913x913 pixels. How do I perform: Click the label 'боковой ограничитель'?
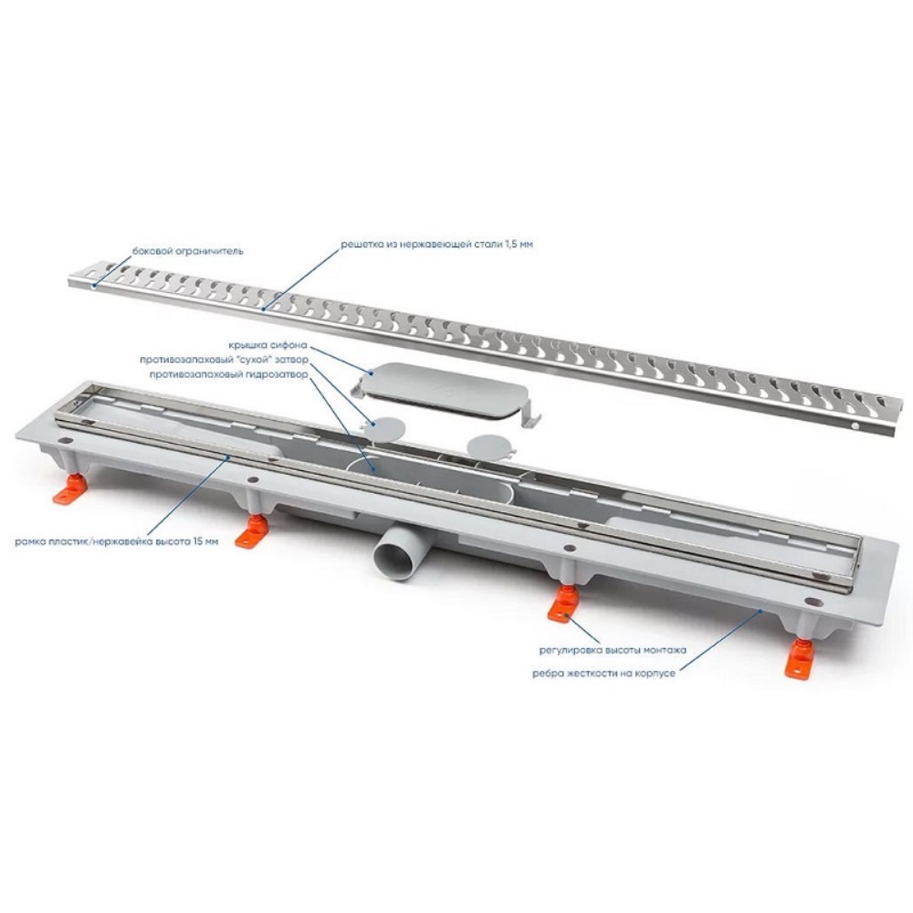[187, 252]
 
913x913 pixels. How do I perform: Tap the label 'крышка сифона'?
[268, 345]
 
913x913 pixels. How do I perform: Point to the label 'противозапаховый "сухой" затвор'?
[223, 360]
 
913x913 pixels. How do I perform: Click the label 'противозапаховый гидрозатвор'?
[227, 375]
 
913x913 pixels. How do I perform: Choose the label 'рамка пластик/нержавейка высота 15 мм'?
[118, 541]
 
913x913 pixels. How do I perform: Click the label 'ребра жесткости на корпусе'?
[603, 674]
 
